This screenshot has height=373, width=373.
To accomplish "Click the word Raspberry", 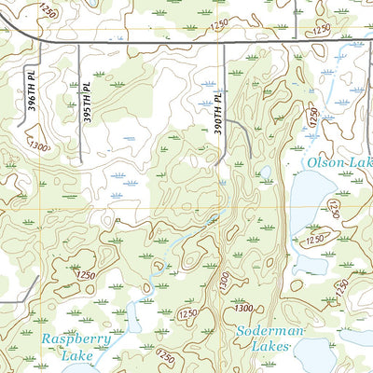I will [76, 339].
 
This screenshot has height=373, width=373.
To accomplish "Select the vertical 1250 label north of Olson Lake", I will [313, 118].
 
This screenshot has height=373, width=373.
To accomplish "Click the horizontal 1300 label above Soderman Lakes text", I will [244, 309].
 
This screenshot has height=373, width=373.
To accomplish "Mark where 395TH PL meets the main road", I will [80, 43].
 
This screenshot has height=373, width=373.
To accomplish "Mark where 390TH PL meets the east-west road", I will [224, 43].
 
